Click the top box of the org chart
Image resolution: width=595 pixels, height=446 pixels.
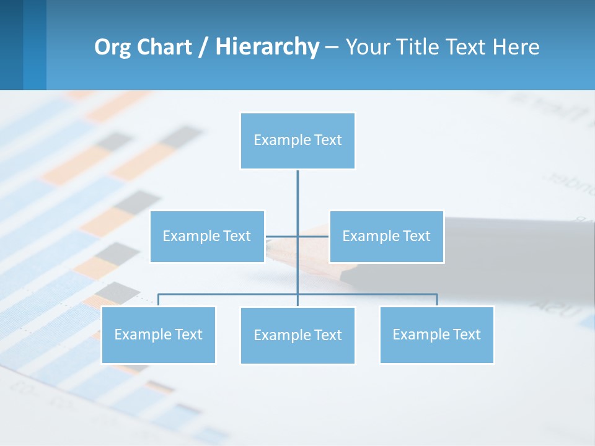[297, 141]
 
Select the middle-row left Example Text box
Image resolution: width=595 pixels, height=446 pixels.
[207, 236]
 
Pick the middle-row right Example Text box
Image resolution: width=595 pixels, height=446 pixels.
[386, 236]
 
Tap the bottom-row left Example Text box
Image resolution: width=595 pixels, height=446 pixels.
[158, 334]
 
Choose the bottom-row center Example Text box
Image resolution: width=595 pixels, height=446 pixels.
[297, 335]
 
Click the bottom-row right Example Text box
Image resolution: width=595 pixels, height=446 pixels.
[436, 334]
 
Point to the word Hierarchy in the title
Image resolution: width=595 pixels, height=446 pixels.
[267, 47]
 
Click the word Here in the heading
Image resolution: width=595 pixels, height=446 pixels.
[516, 47]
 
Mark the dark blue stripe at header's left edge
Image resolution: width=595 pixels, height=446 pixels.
[11, 45]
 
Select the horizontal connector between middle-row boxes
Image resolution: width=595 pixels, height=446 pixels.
[283, 236]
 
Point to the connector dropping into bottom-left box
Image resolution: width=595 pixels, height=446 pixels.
[158, 300]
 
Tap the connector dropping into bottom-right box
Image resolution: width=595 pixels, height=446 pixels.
[437, 300]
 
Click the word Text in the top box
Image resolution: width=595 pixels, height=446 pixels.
[327, 141]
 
